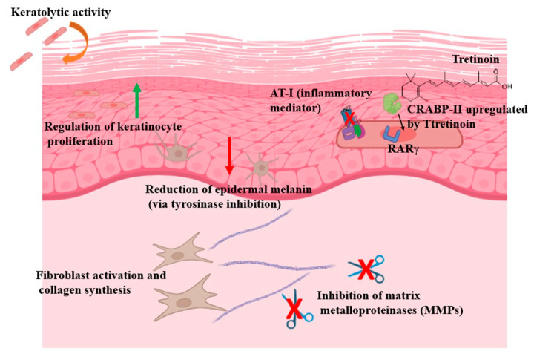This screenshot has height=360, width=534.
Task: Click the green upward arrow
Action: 136,100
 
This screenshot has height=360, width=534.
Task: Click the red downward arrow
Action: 229,155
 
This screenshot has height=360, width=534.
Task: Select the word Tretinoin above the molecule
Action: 475,59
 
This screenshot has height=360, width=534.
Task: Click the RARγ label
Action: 403,149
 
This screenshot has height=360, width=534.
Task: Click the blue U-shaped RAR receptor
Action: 392,134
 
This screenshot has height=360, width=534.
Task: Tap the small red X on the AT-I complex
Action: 349,118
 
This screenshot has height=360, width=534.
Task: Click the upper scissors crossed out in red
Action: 366,269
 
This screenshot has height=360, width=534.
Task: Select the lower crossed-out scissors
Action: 296,310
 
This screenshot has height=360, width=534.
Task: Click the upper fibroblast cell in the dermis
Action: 180,253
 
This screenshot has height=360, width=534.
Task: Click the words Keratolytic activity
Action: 61,13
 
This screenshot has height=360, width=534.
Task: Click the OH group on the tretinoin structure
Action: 507,87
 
